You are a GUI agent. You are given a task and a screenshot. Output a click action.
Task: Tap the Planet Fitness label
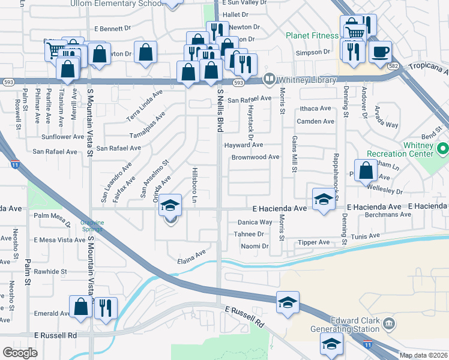click(x=312, y=35)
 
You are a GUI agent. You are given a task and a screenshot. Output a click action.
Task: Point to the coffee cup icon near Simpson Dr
click(x=379, y=51)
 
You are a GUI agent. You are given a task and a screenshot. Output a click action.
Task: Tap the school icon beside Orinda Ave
click(x=170, y=206)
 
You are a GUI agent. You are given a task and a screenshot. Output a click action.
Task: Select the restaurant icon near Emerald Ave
click(x=106, y=307)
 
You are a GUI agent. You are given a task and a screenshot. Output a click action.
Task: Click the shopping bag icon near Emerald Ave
click(x=80, y=307)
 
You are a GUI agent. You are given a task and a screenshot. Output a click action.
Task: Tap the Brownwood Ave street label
click(x=255, y=157)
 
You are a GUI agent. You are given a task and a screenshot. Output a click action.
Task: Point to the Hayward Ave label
click(x=243, y=145)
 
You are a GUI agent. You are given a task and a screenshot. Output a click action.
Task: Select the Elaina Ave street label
click(x=191, y=257)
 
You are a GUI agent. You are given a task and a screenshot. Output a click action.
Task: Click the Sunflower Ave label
click(x=62, y=137)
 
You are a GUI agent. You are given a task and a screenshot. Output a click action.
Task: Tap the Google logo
click(x=20, y=353)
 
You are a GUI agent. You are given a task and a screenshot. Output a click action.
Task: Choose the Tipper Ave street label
click(x=313, y=242)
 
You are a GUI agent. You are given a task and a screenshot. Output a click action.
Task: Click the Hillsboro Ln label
click(x=194, y=185)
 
